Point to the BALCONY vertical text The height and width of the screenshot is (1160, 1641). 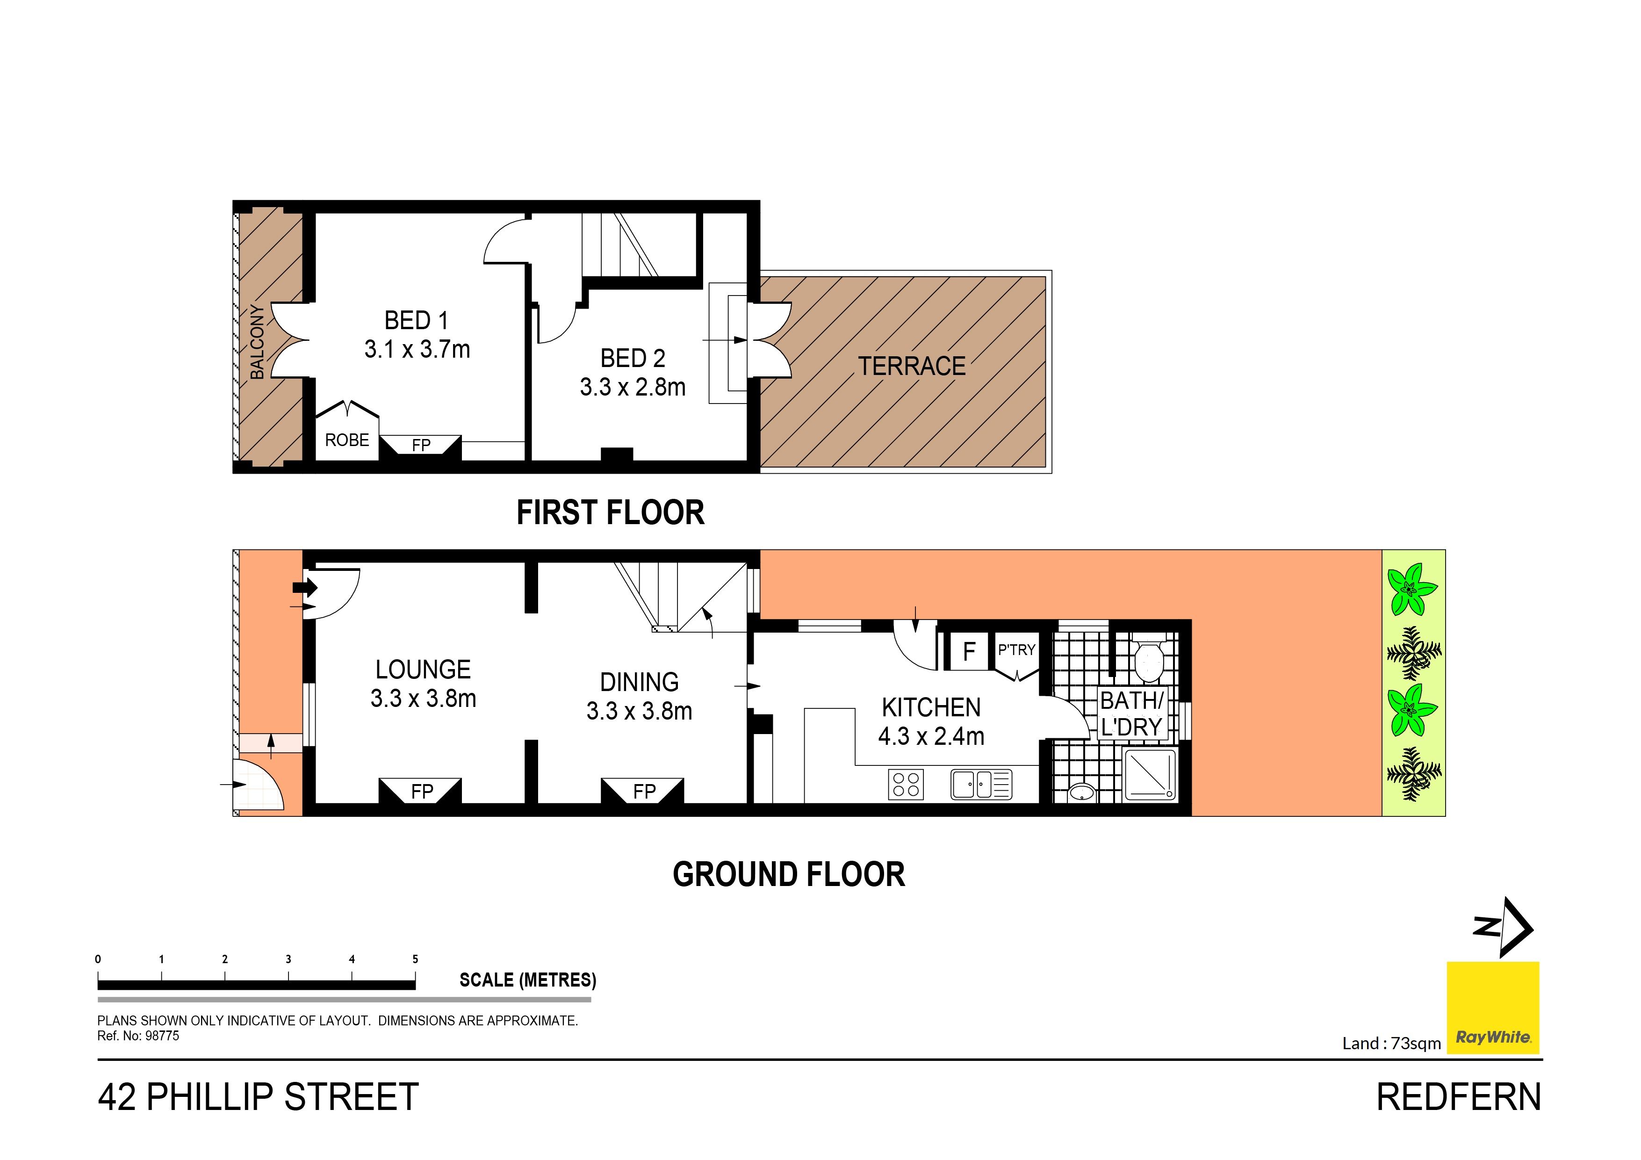(257, 342)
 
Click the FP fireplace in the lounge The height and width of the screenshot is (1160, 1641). (420, 791)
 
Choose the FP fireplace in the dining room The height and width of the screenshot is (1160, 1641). (643, 791)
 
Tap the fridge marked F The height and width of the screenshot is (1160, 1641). (969, 651)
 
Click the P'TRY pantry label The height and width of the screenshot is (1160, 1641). (1016, 650)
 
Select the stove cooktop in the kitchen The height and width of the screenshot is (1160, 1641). (906, 784)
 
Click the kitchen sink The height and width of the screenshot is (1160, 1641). (981, 784)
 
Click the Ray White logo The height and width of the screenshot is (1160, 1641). (1493, 1008)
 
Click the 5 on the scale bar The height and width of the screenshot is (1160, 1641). (415, 959)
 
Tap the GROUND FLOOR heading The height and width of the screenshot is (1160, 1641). (789, 875)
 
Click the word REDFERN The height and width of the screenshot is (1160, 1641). (1459, 1097)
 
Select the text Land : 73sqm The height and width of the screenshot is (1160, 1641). (1391, 1044)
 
